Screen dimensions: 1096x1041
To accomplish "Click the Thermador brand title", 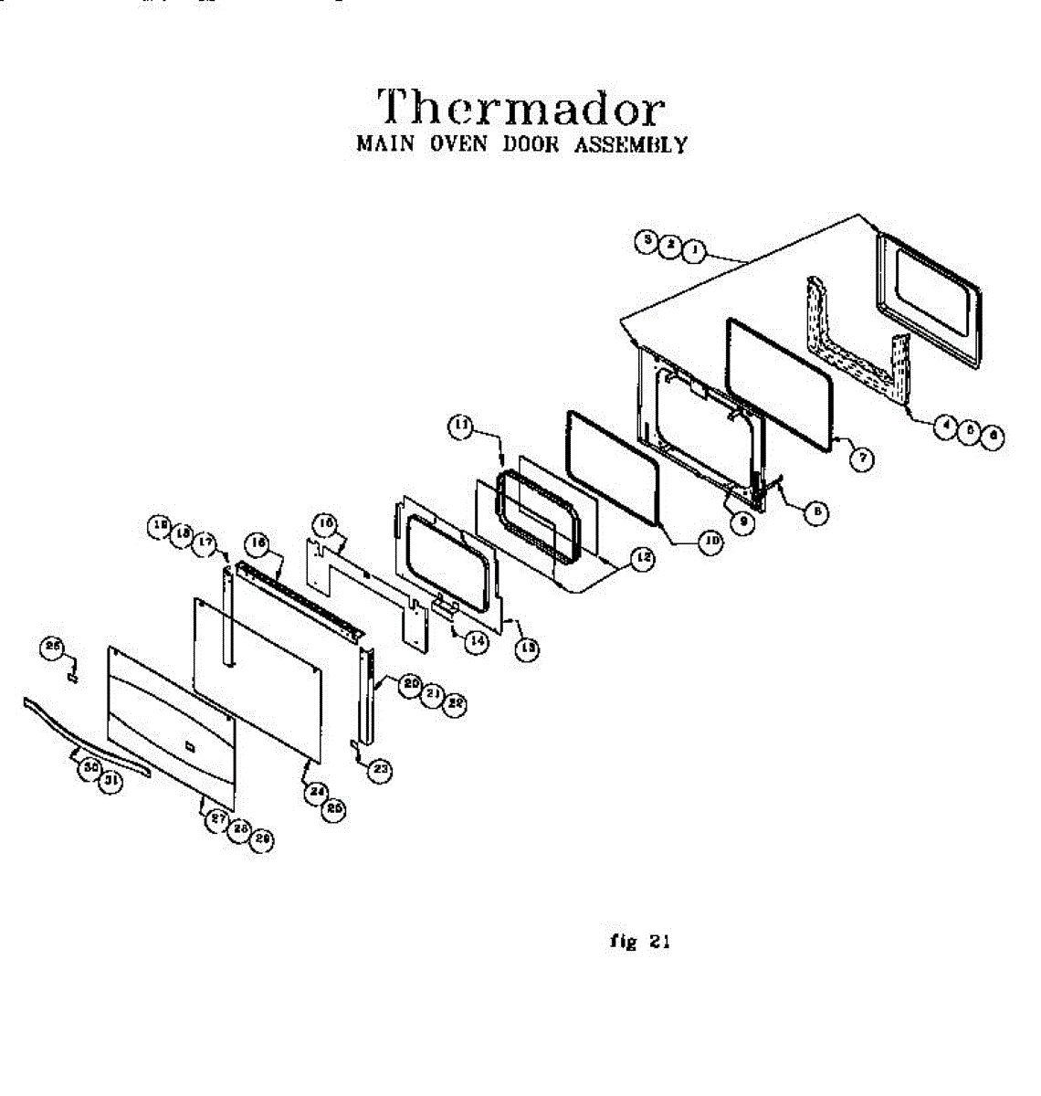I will (x=520, y=108).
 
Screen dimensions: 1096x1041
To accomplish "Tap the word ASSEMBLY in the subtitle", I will (x=630, y=145).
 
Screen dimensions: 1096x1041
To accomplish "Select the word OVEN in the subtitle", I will (x=458, y=145).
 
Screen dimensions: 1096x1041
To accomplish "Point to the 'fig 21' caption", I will (x=639, y=942).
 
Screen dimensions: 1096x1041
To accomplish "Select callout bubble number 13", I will (x=526, y=648).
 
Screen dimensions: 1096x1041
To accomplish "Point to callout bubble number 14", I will (x=476, y=641).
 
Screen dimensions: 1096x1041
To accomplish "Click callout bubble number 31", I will (x=110, y=782).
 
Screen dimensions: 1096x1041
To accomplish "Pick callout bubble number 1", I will (x=695, y=248).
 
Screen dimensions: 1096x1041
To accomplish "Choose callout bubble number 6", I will (x=991, y=437).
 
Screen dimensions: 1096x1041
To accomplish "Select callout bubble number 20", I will (x=411, y=683).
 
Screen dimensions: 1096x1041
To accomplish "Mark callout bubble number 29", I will (x=262, y=840).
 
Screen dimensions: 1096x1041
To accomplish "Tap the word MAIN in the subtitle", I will (x=385, y=145).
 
